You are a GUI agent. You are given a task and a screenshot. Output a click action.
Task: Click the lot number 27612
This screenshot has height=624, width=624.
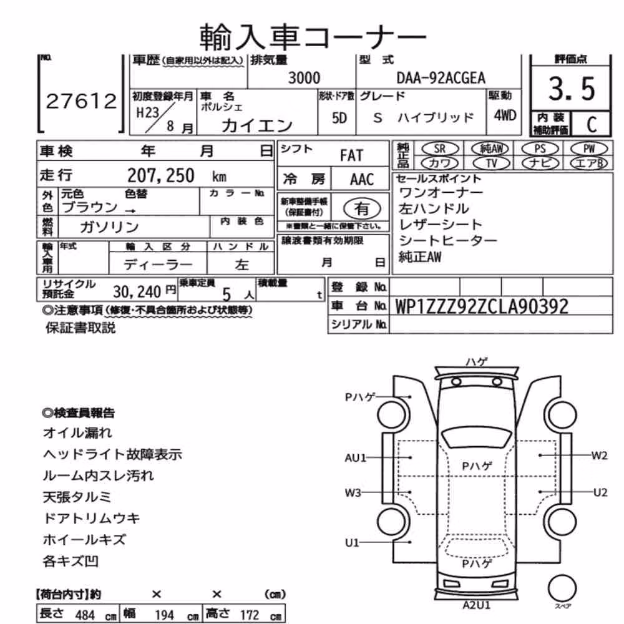click(x=81, y=101)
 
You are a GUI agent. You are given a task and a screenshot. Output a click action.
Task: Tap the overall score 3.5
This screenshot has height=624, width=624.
click(x=572, y=89)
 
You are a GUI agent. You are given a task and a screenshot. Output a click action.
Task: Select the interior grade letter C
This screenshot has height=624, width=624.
click(x=592, y=124)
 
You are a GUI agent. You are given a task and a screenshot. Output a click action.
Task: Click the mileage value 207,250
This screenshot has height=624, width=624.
click(x=161, y=175)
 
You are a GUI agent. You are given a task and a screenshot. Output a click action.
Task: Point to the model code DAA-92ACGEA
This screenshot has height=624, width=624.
click(x=441, y=78)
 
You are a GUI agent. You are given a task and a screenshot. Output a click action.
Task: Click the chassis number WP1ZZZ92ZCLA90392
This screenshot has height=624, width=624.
click(x=482, y=306)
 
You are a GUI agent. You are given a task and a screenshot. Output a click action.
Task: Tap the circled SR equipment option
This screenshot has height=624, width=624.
click(x=440, y=149)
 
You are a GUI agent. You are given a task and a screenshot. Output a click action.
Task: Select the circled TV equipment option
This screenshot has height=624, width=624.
click(x=492, y=163)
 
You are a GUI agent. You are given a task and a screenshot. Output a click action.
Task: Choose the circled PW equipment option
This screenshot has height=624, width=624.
click(x=589, y=149)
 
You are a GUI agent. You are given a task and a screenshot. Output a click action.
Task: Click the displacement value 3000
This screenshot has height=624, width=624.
click(x=304, y=78)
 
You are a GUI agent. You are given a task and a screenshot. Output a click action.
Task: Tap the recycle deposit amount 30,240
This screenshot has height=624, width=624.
click(x=137, y=291)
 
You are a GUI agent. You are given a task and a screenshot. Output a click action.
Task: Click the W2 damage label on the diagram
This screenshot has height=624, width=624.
click(x=599, y=456)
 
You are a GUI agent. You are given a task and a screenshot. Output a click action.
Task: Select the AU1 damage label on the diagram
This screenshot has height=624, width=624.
click(x=356, y=457)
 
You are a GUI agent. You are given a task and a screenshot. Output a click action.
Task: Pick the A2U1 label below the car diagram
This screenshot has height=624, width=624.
click(x=476, y=605)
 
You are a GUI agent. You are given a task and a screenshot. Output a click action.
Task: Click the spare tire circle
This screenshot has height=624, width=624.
click(x=562, y=588)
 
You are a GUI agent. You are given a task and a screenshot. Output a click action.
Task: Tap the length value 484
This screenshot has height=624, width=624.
click(x=85, y=615)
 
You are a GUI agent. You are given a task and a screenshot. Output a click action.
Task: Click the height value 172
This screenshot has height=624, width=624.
click(x=250, y=615)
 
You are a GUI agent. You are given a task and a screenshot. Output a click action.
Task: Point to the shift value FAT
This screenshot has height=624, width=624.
click(x=351, y=155)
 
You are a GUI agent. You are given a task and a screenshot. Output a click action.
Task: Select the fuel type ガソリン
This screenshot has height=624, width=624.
click(x=109, y=227)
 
